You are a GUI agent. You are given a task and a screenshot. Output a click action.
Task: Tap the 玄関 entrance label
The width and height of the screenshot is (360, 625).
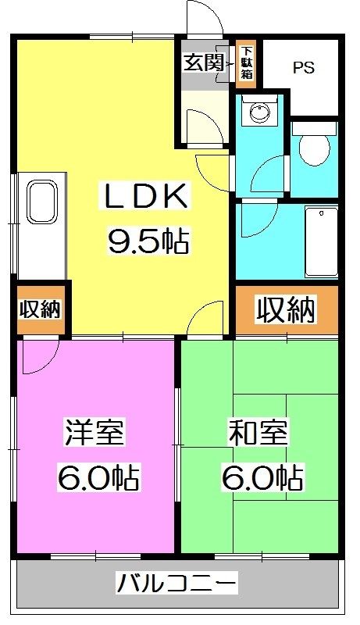(x=203, y=62)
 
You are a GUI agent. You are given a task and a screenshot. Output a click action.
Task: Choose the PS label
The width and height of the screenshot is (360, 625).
(x=304, y=68)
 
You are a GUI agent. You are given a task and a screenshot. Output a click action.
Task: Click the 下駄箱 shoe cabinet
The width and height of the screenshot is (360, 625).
(x=246, y=64)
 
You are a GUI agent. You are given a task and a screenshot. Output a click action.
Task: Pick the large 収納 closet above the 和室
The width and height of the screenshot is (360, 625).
(x=287, y=309)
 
